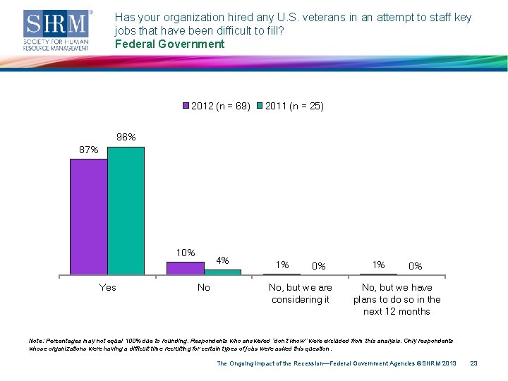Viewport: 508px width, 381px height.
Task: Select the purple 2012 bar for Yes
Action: (89, 215)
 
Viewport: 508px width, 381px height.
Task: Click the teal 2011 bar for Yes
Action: (126, 210)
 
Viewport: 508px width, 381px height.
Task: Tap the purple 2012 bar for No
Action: (185, 267)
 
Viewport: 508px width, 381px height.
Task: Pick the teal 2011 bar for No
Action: (222, 272)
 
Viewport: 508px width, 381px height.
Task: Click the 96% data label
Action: (126, 137)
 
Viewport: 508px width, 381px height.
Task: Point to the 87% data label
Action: (89, 150)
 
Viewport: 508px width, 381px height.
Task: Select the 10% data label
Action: (186, 253)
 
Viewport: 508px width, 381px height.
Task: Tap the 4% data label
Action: (222, 260)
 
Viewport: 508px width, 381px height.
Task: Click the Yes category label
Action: (108, 287)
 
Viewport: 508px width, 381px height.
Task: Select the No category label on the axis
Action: (204, 287)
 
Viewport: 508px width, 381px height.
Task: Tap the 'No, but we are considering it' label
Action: (301, 294)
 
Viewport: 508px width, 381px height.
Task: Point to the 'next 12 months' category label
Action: (397, 311)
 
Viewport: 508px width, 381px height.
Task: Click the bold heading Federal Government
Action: (169, 44)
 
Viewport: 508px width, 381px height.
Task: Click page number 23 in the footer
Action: (474, 363)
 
